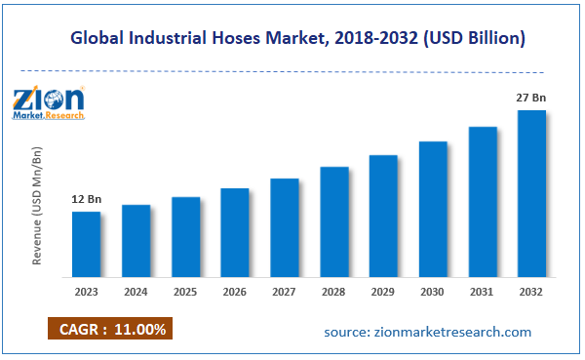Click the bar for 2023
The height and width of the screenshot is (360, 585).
87,243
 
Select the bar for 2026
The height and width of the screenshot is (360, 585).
235,231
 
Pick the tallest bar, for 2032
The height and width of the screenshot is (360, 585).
531,192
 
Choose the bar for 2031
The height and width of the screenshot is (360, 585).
483,200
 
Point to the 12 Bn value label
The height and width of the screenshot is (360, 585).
86,200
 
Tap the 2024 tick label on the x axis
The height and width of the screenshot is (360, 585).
136,290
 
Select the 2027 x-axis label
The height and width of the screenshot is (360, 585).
284,290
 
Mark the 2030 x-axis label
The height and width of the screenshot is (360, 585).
433,290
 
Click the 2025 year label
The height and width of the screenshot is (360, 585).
185,290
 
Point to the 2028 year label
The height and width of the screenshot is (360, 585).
333,290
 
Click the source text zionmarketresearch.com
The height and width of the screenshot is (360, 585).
428,332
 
